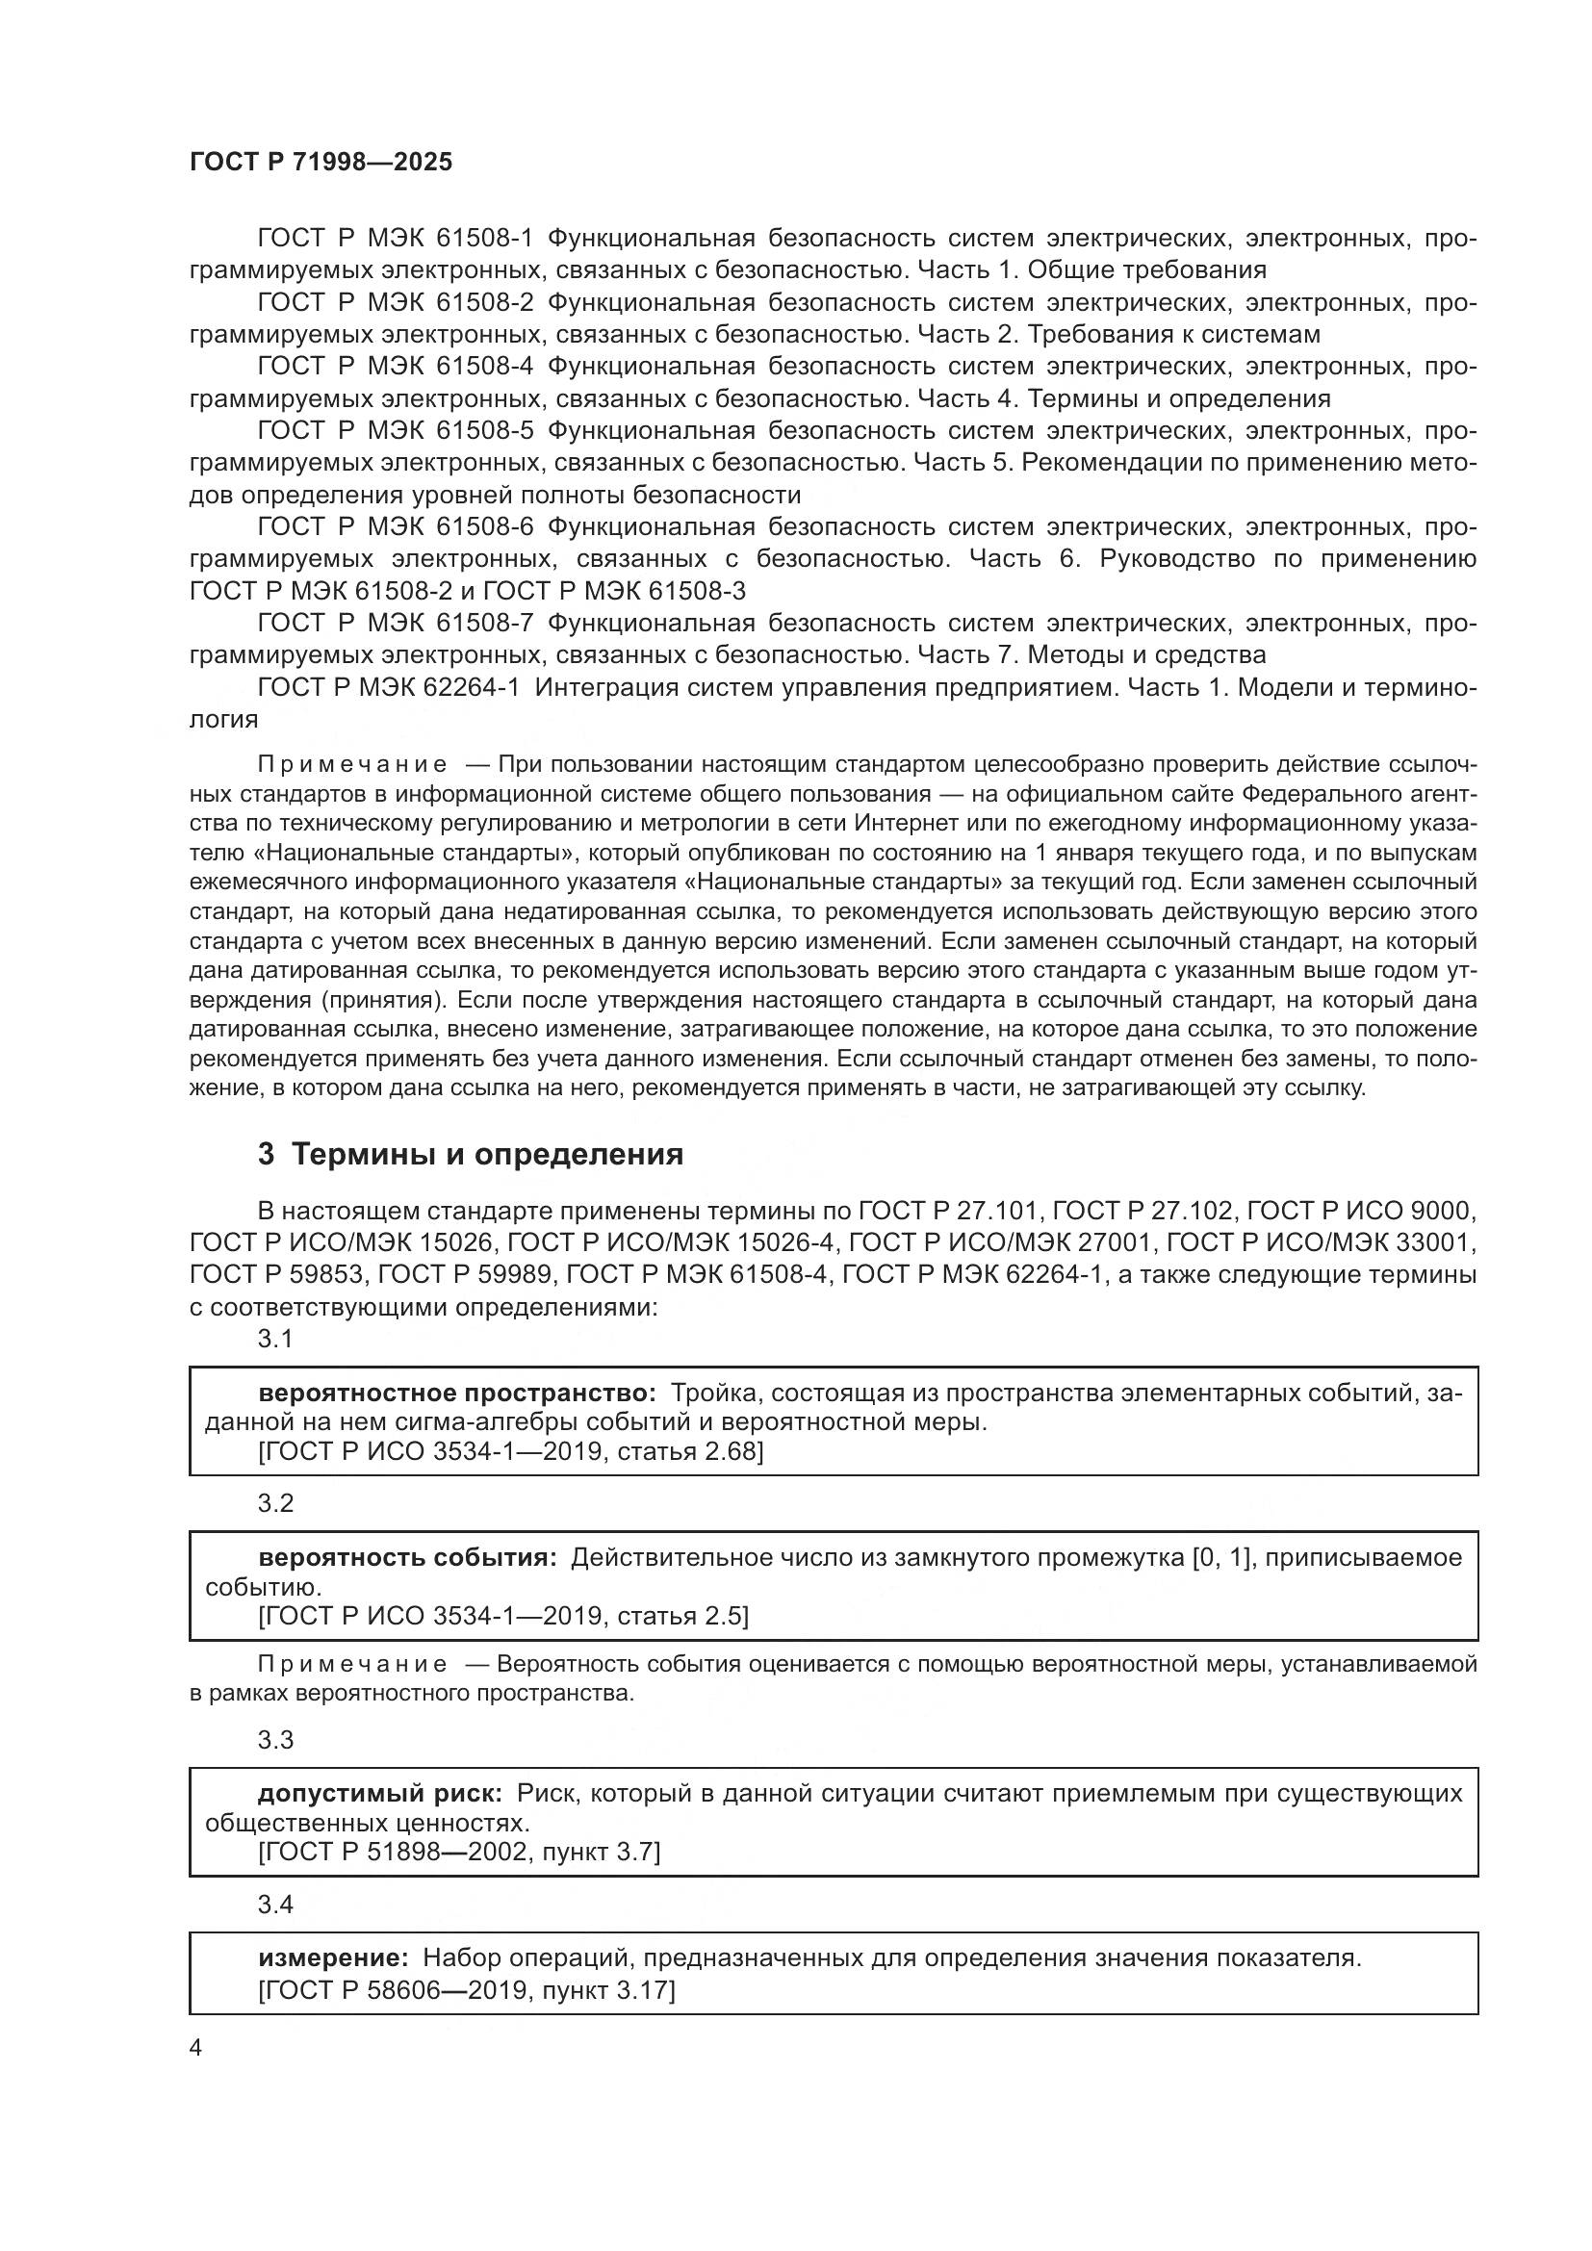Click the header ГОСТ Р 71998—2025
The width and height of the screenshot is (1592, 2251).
coord(321,162)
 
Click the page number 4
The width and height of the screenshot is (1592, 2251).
coord(195,2048)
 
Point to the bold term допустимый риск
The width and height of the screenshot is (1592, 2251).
coord(380,1793)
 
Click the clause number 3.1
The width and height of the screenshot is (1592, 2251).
coord(275,1339)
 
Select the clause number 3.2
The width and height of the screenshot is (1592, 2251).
coord(275,1503)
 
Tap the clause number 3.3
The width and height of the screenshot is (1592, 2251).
coord(275,1739)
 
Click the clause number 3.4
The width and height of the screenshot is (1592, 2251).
coord(275,1904)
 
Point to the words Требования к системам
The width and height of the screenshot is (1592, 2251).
coord(1173,334)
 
